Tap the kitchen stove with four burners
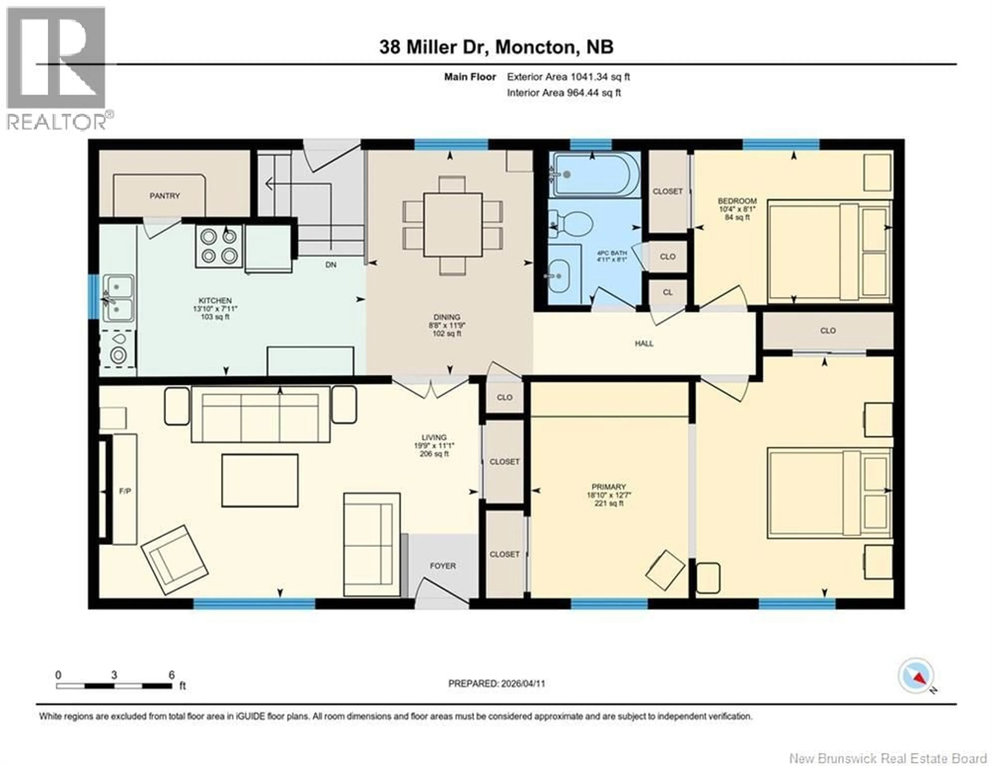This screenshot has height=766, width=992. click(x=219, y=246)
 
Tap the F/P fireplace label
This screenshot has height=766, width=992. click(x=125, y=491)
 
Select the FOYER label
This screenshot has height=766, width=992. click(x=443, y=566)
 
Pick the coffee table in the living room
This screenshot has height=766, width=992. click(x=260, y=480)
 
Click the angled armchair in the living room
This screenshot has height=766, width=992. click(x=174, y=560)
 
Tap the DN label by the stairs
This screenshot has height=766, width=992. click(x=331, y=264)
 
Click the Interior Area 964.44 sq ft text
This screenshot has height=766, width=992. click(x=564, y=93)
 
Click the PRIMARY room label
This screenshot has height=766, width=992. click(x=609, y=487)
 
